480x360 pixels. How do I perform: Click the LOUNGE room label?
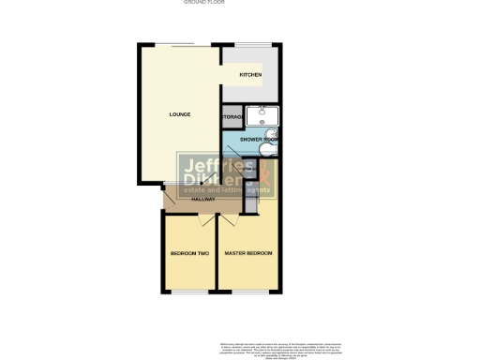tap(179, 114)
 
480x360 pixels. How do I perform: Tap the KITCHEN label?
tap(249, 75)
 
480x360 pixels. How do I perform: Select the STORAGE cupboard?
tap(232, 117)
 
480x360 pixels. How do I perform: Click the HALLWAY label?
tap(203, 199)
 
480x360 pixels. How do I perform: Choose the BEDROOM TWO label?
tap(189, 254)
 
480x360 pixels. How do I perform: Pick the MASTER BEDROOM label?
tap(248, 254)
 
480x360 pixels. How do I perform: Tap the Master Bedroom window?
tap(248, 292)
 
